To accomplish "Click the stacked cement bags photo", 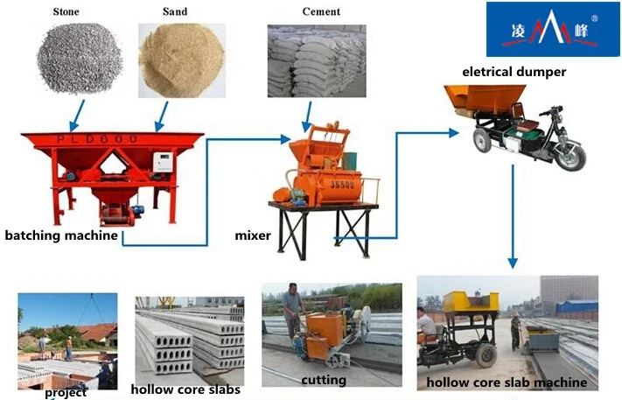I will point(316,60).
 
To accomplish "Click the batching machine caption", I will point(61,235).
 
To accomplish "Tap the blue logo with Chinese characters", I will point(542,30).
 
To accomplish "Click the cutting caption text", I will point(324,380).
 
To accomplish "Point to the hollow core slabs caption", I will point(185,389).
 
